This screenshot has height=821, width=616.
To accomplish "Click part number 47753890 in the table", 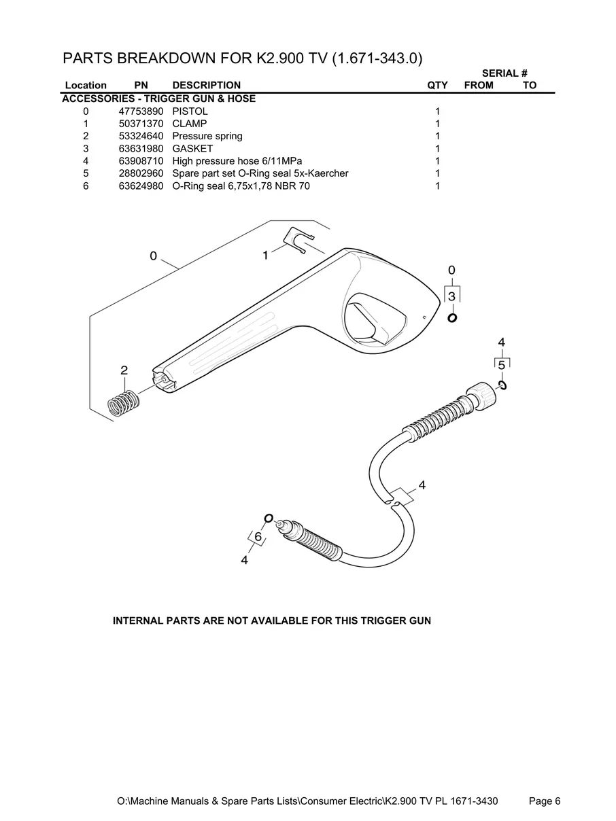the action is pyautogui.click(x=141, y=111).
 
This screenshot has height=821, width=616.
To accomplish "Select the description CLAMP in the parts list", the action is pyautogui.click(x=189, y=124).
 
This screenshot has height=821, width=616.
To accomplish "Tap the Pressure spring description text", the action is pyautogui.click(x=207, y=136).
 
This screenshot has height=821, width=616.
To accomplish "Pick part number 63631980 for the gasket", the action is pyautogui.click(x=141, y=149).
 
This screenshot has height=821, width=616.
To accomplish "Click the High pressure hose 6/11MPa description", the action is pyautogui.click(x=237, y=161).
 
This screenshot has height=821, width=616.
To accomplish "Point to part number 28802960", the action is pyautogui.click(x=141, y=173).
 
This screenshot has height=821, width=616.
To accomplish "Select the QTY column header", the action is pyautogui.click(x=437, y=86).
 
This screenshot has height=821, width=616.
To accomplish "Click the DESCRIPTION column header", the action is pyautogui.click(x=207, y=85).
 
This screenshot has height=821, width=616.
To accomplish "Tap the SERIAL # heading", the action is pyautogui.click(x=504, y=73).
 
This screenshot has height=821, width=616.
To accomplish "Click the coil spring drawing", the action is pyautogui.click(x=124, y=403).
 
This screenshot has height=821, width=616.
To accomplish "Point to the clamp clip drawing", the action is pyautogui.click(x=299, y=241).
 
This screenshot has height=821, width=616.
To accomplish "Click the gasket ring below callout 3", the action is pyautogui.click(x=452, y=318).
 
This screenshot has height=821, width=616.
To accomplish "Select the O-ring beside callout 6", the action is pyautogui.click(x=269, y=519).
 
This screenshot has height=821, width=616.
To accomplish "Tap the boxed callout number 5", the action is pyautogui.click(x=502, y=365).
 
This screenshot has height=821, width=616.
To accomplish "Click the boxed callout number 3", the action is pyautogui.click(x=452, y=296).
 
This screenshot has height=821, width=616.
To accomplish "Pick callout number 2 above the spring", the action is pyautogui.click(x=124, y=370).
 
